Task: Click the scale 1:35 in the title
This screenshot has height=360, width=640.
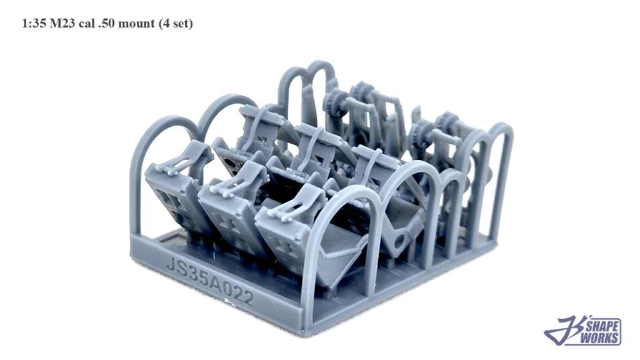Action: click(x=34, y=23)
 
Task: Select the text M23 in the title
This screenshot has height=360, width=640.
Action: click(x=62, y=23)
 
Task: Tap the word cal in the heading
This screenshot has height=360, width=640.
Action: click(x=87, y=23)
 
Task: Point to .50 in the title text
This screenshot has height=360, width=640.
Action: click(x=106, y=23)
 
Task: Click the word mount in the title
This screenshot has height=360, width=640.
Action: click(x=136, y=24)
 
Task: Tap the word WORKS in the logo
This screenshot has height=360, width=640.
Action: click(x=599, y=338)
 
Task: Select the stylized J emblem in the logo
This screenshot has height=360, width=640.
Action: click(x=565, y=331)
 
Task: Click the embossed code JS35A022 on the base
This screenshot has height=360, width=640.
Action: click(x=210, y=281)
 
